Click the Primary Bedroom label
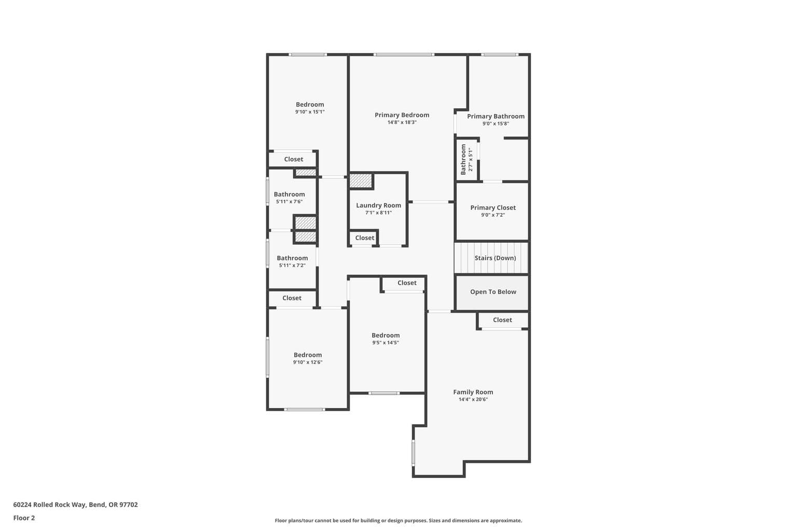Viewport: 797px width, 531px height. click(402, 115)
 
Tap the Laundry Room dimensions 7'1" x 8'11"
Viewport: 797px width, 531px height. click(378, 213)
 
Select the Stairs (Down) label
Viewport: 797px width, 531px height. click(495, 258)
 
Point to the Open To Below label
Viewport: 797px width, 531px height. click(493, 291)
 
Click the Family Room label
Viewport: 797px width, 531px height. click(473, 392)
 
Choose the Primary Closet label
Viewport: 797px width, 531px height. click(493, 208)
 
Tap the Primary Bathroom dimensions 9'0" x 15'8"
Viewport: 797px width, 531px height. click(496, 124)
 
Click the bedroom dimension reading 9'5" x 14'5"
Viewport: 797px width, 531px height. click(386, 342)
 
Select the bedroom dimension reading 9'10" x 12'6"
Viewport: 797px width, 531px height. click(307, 362)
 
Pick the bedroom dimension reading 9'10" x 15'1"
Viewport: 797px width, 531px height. click(310, 111)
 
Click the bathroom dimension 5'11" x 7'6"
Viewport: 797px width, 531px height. click(289, 202)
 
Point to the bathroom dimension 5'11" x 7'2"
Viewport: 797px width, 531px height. click(292, 265)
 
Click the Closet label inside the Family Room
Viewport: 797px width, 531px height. click(502, 320)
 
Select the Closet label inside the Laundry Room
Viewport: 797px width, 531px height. click(364, 237)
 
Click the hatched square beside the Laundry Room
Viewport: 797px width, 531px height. click(361, 180)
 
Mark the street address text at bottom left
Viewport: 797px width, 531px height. click(75, 505)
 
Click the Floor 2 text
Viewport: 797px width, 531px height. click(24, 518)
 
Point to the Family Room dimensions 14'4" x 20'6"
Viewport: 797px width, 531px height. click(473, 399)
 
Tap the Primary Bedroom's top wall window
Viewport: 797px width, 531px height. click(404, 54)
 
